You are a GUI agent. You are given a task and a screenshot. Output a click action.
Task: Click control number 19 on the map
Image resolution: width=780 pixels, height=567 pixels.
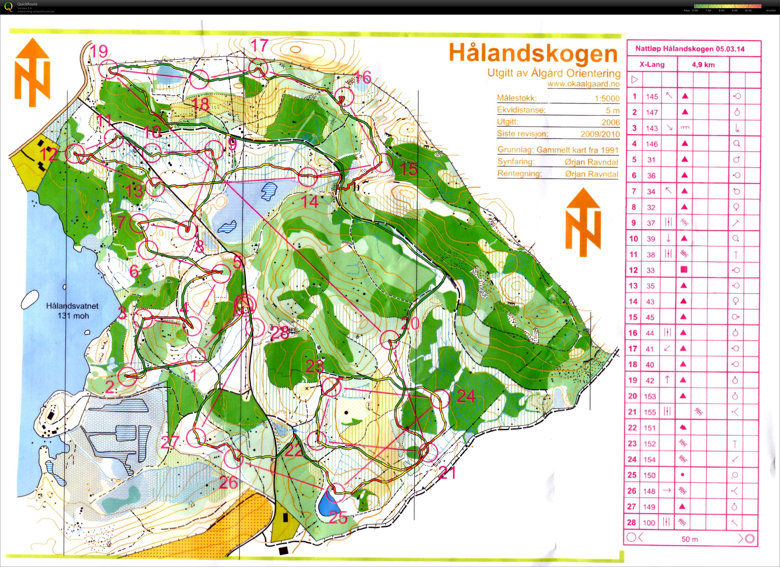click(x=99, y=52)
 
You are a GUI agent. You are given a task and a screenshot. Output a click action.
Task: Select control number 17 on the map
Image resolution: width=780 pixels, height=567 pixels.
click(x=259, y=45)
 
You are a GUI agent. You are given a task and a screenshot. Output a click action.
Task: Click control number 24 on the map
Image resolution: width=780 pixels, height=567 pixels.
click(x=466, y=397)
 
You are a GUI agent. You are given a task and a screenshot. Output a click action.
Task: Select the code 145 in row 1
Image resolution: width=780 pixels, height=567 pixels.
click(x=652, y=97)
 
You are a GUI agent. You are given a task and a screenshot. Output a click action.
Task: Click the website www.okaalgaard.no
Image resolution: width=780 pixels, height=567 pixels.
click(x=584, y=84)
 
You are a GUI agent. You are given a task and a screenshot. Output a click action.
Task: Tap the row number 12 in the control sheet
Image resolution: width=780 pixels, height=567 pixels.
click(x=633, y=270)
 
